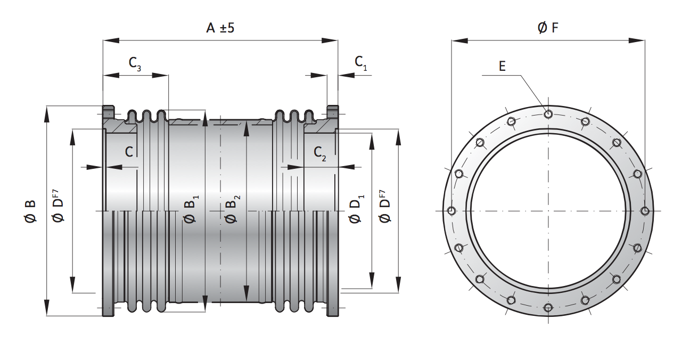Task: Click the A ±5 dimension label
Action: coord(220,28)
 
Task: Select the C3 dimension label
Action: coord(135,63)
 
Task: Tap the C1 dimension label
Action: coord(361,62)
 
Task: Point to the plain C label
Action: coord(129,152)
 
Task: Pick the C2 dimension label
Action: coord(320,153)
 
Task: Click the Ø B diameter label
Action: coord(30,211)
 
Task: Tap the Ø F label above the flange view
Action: coord(548,28)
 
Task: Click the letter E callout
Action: coord(502,66)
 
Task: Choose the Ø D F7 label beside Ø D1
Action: coord(384,205)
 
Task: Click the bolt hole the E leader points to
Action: coord(548,113)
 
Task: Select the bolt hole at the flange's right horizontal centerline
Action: coord(645,211)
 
